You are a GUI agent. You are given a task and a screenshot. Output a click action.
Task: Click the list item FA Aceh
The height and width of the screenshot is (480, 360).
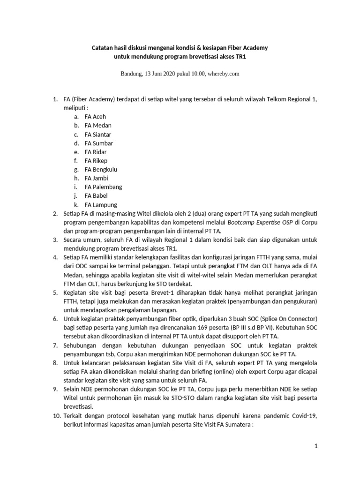[x=95, y=117]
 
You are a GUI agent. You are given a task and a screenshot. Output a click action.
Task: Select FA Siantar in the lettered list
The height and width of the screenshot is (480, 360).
[x=98, y=134]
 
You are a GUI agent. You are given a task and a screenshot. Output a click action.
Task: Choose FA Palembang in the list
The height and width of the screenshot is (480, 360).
[x=103, y=187]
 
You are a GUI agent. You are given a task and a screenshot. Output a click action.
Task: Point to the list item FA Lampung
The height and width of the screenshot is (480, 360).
[x=101, y=204]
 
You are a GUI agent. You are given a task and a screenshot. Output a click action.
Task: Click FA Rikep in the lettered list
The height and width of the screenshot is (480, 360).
[x=96, y=160]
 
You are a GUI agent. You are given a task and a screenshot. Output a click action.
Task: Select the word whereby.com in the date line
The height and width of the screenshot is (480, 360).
[x=223, y=74]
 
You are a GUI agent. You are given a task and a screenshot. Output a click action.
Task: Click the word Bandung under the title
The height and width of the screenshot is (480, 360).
[x=132, y=74]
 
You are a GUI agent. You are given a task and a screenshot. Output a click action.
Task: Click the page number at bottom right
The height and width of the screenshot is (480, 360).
[x=316, y=446]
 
